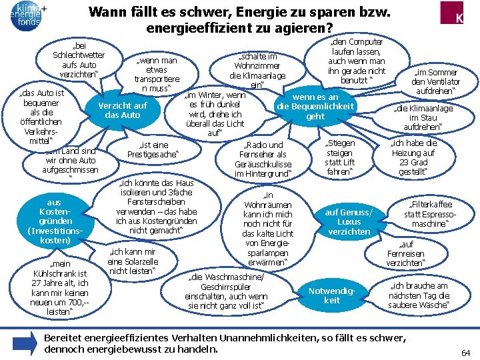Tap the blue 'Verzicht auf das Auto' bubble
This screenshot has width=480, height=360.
click(122, 110)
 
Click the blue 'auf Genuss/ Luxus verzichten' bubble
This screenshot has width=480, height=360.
click(349, 222)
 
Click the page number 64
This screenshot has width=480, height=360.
click(465, 351)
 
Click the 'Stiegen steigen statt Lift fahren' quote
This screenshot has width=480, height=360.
click(340, 157)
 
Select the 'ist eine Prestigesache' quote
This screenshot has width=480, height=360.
click(153, 150)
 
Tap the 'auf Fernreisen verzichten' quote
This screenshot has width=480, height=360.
click(405, 253)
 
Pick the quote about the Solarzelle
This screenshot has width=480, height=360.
click(132, 261)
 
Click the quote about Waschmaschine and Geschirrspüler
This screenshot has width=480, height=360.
click(227, 291)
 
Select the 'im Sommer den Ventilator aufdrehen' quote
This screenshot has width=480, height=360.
click(435, 81)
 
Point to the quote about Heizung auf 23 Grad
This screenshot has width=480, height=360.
click(413, 157)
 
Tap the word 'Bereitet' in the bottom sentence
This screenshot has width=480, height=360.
click(65, 338)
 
